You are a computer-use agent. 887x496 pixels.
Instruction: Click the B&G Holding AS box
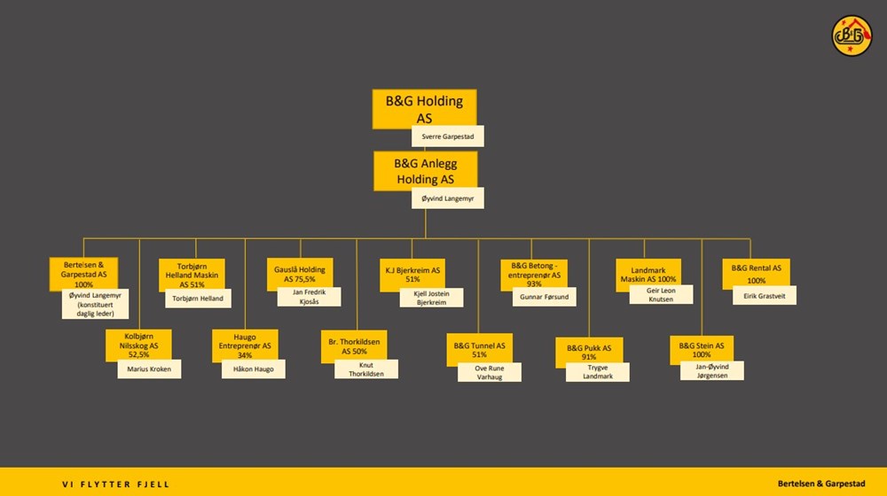point(424,108)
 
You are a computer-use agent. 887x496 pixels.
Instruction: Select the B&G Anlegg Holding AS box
point(426,171)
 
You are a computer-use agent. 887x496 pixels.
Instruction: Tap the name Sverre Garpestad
point(447,136)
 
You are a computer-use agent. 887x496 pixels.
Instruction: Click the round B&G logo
point(852,35)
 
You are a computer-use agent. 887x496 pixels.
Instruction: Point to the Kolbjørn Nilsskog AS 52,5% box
point(138,345)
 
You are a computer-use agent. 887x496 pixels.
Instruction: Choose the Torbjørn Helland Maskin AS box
point(192,275)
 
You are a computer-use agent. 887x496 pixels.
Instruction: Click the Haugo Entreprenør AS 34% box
point(245,345)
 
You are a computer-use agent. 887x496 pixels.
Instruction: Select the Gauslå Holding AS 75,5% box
point(300,274)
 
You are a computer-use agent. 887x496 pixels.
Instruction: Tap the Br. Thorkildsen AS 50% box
point(354,346)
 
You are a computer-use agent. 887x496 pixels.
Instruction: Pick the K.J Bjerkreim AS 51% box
point(412,275)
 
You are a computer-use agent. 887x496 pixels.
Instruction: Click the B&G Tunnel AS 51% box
point(479,350)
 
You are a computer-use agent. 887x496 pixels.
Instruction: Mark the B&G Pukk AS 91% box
point(589,352)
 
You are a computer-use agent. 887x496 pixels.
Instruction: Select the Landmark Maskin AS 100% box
point(648,275)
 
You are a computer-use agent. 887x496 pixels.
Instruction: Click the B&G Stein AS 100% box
point(702,350)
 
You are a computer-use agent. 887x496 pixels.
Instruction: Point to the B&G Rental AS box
point(757,274)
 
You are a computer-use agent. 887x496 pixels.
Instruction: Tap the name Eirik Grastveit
point(765,296)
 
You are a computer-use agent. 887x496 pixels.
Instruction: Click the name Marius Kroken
point(149,368)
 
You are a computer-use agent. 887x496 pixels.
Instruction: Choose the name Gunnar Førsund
point(545,297)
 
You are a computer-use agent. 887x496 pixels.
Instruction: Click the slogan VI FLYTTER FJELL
point(116,484)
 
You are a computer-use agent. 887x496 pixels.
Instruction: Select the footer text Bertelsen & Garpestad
point(821,484)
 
